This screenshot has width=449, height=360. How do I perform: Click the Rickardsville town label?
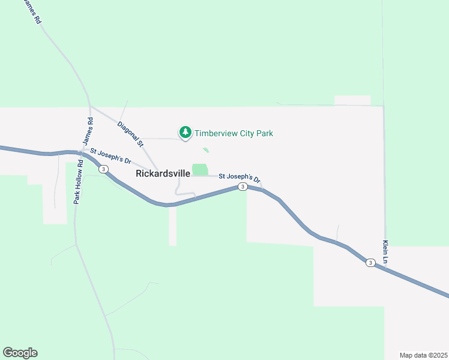(163, 173)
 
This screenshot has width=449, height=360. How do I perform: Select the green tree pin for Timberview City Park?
(185, 132)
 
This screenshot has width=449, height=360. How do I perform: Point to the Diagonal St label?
(131, 134)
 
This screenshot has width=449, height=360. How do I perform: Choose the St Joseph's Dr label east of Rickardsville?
(239, 178)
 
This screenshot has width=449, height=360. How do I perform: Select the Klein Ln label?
(385, 253)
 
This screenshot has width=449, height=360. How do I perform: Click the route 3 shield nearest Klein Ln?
(370, 263)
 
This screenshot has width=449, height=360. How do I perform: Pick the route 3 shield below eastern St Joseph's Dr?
(242, 187)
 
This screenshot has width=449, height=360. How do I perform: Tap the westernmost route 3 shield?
(104, 170)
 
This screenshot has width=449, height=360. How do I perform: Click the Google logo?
(20, 353)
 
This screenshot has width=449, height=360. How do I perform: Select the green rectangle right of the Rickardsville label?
(200, 170)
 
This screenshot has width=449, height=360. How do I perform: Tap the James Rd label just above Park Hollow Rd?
(88, 130)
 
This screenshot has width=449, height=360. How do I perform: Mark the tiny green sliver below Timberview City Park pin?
(206, 150)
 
